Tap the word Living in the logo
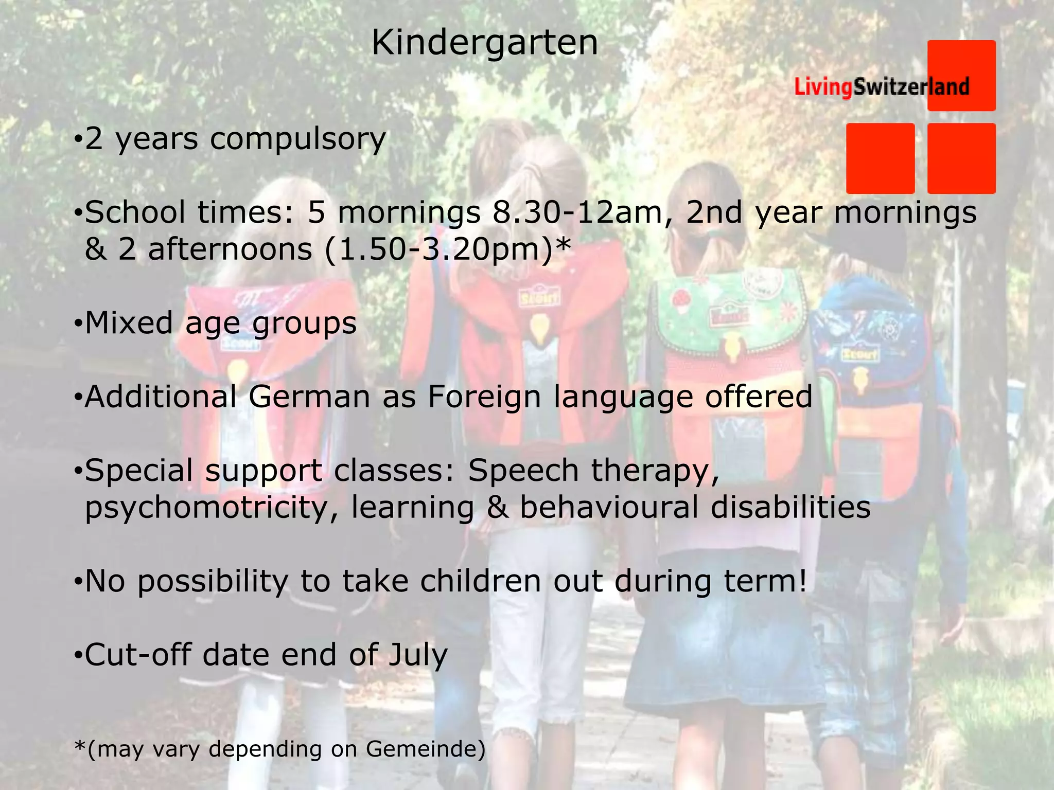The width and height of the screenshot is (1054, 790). (x=823, y=86)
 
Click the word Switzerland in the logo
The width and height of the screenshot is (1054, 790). (x=911, y=86)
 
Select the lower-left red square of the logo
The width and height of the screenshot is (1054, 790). (x=880, y=158)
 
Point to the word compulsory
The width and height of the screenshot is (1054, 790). (x=297, y=139)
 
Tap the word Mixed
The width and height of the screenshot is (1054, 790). (x=129, y=323)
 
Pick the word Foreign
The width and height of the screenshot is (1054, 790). (x=484, y=398)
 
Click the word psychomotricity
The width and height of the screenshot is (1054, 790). (x=212, y=508)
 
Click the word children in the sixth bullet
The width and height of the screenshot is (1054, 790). (x=480, y=581)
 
